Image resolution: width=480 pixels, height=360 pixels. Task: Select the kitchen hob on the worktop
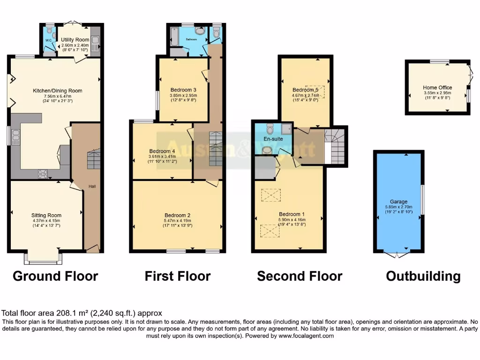click(44, 174)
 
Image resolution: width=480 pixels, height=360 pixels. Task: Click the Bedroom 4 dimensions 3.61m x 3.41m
click(162, 157)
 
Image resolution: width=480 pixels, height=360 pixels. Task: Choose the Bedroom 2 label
click(177, 215)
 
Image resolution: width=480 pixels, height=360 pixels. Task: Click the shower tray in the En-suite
click(285, 129)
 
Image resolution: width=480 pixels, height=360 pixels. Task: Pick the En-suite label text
click(273, 139)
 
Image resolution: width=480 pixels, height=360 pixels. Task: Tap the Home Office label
click(437, 88)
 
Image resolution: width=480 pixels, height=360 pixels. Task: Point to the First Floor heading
click(177, 276)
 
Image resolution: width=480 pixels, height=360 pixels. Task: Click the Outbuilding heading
click(423, 276)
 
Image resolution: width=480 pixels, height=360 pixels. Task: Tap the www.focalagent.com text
click(306, 336)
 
